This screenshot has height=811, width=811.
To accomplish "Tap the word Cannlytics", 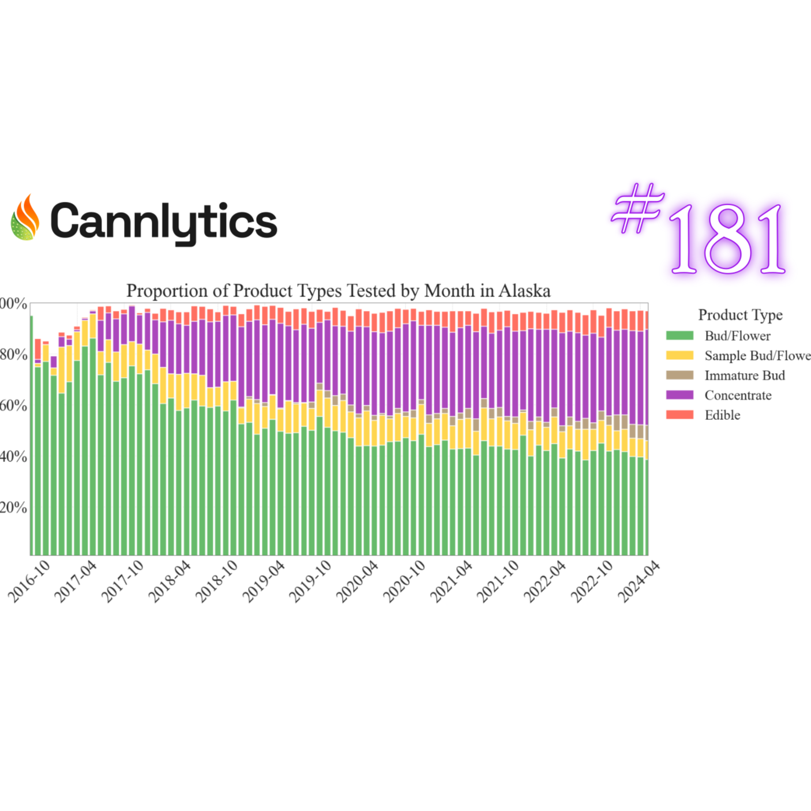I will point(164,221).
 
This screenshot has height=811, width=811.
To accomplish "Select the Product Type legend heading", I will point(740,315).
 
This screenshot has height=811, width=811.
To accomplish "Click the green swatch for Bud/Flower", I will point(679,336).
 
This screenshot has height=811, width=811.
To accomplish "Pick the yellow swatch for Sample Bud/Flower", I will point(679,355).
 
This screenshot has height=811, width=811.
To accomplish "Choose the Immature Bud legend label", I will point(744,376).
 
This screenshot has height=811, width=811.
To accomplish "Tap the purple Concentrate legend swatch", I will point(679,395).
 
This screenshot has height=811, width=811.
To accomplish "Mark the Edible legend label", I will point(722,415).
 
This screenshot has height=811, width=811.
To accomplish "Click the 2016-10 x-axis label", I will point(31,581).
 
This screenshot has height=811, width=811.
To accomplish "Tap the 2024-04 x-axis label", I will point(639,581).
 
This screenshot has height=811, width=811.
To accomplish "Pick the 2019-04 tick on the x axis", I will point(264,581).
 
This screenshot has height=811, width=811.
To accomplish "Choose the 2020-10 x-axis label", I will point(404,581).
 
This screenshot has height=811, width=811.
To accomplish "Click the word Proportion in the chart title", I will point(167,291).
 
